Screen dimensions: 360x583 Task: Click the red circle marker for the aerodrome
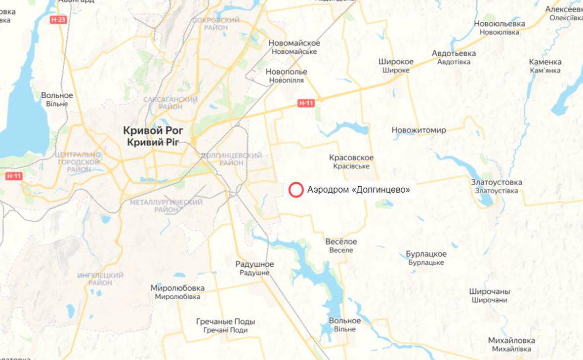tap(296, 190)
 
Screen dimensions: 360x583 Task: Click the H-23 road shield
tap(58, 20)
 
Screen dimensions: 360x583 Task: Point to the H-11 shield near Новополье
tap(306, 103)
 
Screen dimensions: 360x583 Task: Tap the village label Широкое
tap(396, 62)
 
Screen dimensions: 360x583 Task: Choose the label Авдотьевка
tap(454, 53)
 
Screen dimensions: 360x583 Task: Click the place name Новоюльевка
tap(499, 24)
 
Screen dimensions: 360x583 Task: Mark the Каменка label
tap(545, 62)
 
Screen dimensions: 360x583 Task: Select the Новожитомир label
tap(418, 130)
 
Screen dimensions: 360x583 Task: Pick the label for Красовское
tap(351, 158)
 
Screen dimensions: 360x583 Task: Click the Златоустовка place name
tap(496, 182)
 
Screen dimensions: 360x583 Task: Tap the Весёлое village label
tap(341, 242)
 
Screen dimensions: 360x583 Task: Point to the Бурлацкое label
tap(426, 254)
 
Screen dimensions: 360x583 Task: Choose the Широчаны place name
tap(489, 292)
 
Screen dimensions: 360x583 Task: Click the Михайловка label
tap(511, 341)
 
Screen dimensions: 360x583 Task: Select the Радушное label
tap(254, 265)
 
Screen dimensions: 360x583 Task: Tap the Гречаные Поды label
tap(225, 321)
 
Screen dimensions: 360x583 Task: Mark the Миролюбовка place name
tap(177, 288)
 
